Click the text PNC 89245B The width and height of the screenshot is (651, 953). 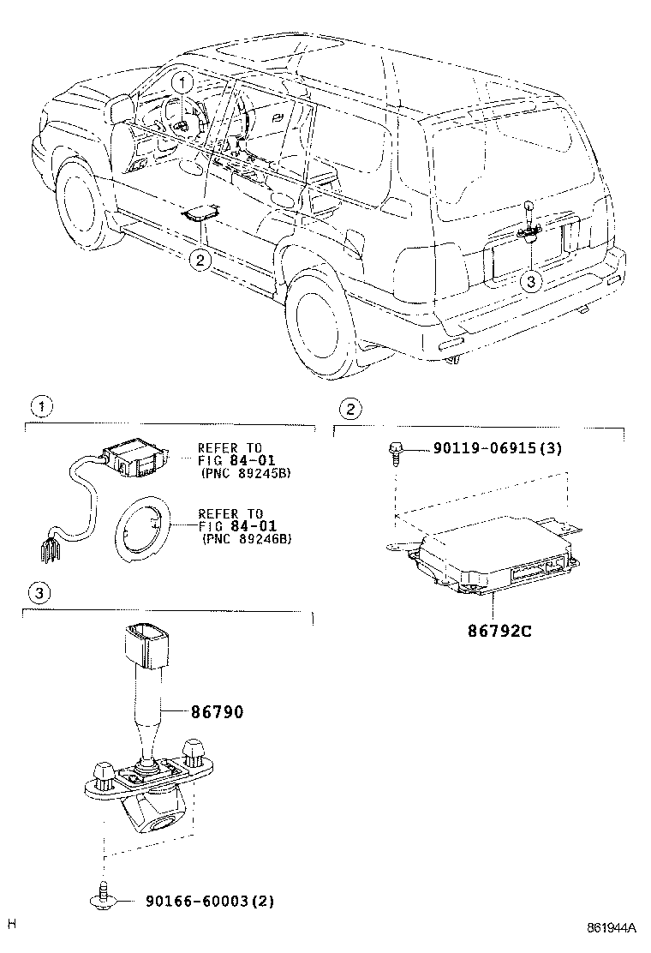click(x=246, y=472)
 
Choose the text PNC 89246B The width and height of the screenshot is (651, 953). click(x=246, y=538)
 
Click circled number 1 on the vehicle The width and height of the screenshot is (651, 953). click(x=182, y=83)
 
